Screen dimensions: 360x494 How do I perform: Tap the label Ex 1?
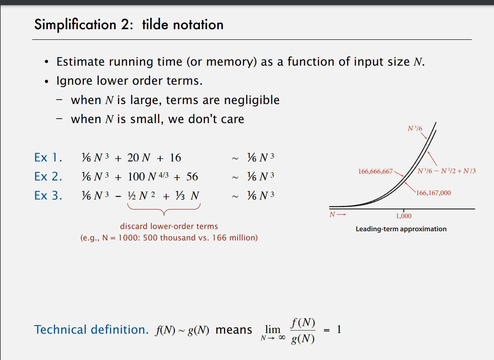(48, 158)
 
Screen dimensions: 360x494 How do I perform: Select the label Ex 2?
(48, 177)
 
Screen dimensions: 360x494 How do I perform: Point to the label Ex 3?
(48, 196)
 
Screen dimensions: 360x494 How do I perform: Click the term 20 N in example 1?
(139, 158)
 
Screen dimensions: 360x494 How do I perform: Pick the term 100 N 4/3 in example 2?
(148, 176)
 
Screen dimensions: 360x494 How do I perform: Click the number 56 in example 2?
(192, 177)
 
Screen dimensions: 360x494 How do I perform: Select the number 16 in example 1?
(175, 158)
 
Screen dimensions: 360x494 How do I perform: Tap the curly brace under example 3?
(164, 209)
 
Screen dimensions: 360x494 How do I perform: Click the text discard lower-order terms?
(169, 226)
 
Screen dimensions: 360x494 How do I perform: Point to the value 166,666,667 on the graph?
(375, 172)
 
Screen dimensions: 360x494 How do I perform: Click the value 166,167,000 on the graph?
(433, 193)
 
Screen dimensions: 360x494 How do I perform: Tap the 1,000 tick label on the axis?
(404, 216)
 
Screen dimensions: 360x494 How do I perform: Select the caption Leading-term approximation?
(401, 229)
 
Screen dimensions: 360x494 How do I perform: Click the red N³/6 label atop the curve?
(415, 128)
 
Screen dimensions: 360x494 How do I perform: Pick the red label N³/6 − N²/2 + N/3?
(446, 171)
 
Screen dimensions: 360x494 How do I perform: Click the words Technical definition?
(91, 330)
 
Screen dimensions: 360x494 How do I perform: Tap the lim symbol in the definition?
(273, 330)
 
